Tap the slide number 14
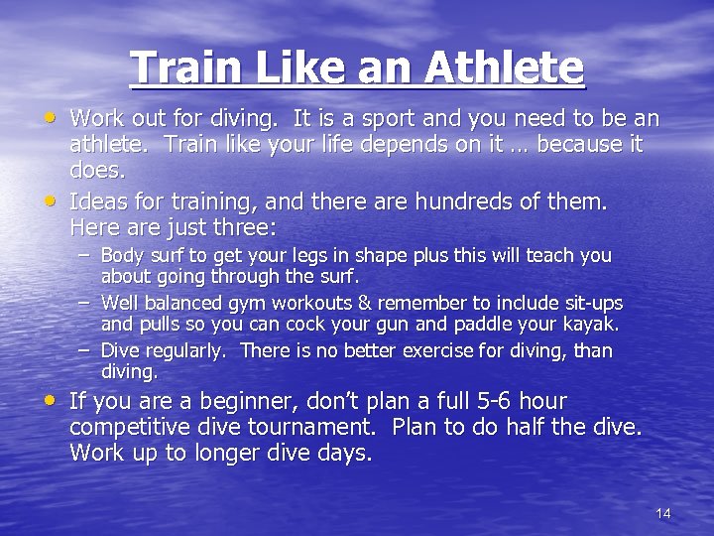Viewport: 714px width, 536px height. point(663,513)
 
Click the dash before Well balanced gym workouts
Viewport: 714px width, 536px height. point(86,301)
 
